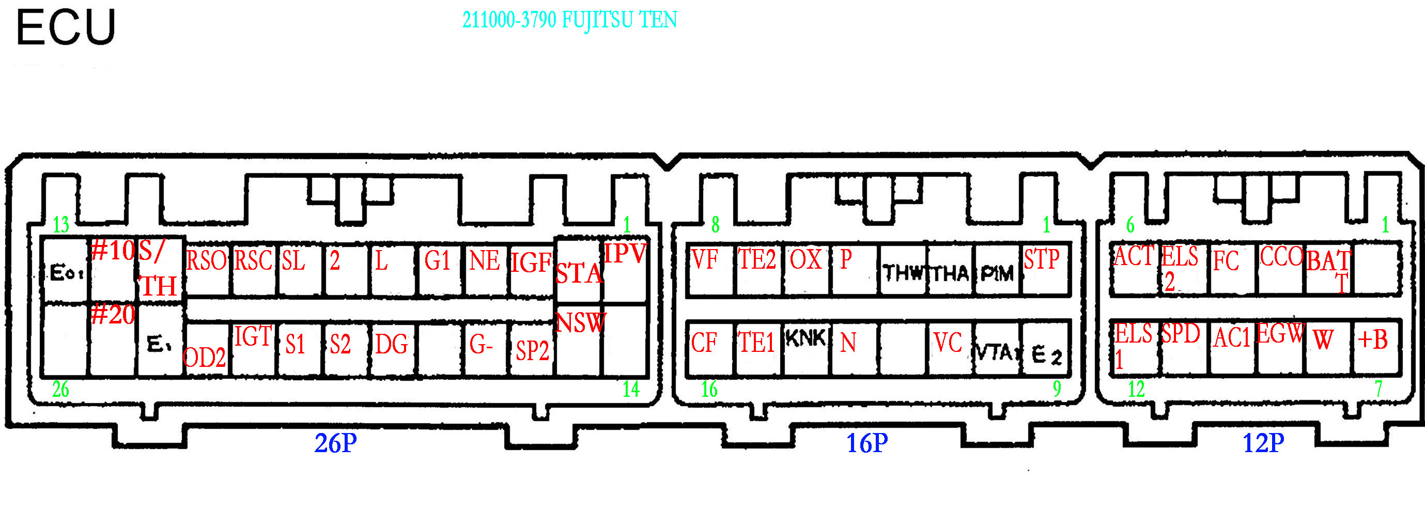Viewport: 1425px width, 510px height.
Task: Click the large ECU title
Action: [x=66, y=28]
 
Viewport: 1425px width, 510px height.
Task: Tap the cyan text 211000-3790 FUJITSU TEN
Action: [x=569, y=21]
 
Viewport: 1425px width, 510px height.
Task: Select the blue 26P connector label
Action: [x=335, y=443]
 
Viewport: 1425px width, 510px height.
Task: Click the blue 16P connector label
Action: [x=867, y=443]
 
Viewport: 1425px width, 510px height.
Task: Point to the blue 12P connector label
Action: [x=1263, y=443]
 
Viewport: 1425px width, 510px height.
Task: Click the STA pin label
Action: [x=578, y=274]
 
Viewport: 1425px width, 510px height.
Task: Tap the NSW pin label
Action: [x=580, y=323]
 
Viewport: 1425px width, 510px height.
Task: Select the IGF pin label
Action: [x=531, y=262]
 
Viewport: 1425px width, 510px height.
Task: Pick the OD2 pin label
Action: [x=204, y=358]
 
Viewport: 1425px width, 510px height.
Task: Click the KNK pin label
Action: [x=806, y=338]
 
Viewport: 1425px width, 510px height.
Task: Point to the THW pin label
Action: [x=903, y=273]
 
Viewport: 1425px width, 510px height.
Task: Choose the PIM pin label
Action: [x=997, y=273]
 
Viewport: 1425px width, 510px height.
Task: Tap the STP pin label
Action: [x=1042, y=259]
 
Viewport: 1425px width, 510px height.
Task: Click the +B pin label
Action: [x=1372, y=339]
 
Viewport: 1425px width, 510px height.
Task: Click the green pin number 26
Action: [x=60, y=390]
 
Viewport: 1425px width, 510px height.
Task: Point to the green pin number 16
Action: [x=709, y=390]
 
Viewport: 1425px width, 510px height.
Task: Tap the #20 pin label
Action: [x=113, y=315]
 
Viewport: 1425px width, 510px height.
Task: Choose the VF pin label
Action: [x=705, y=259]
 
